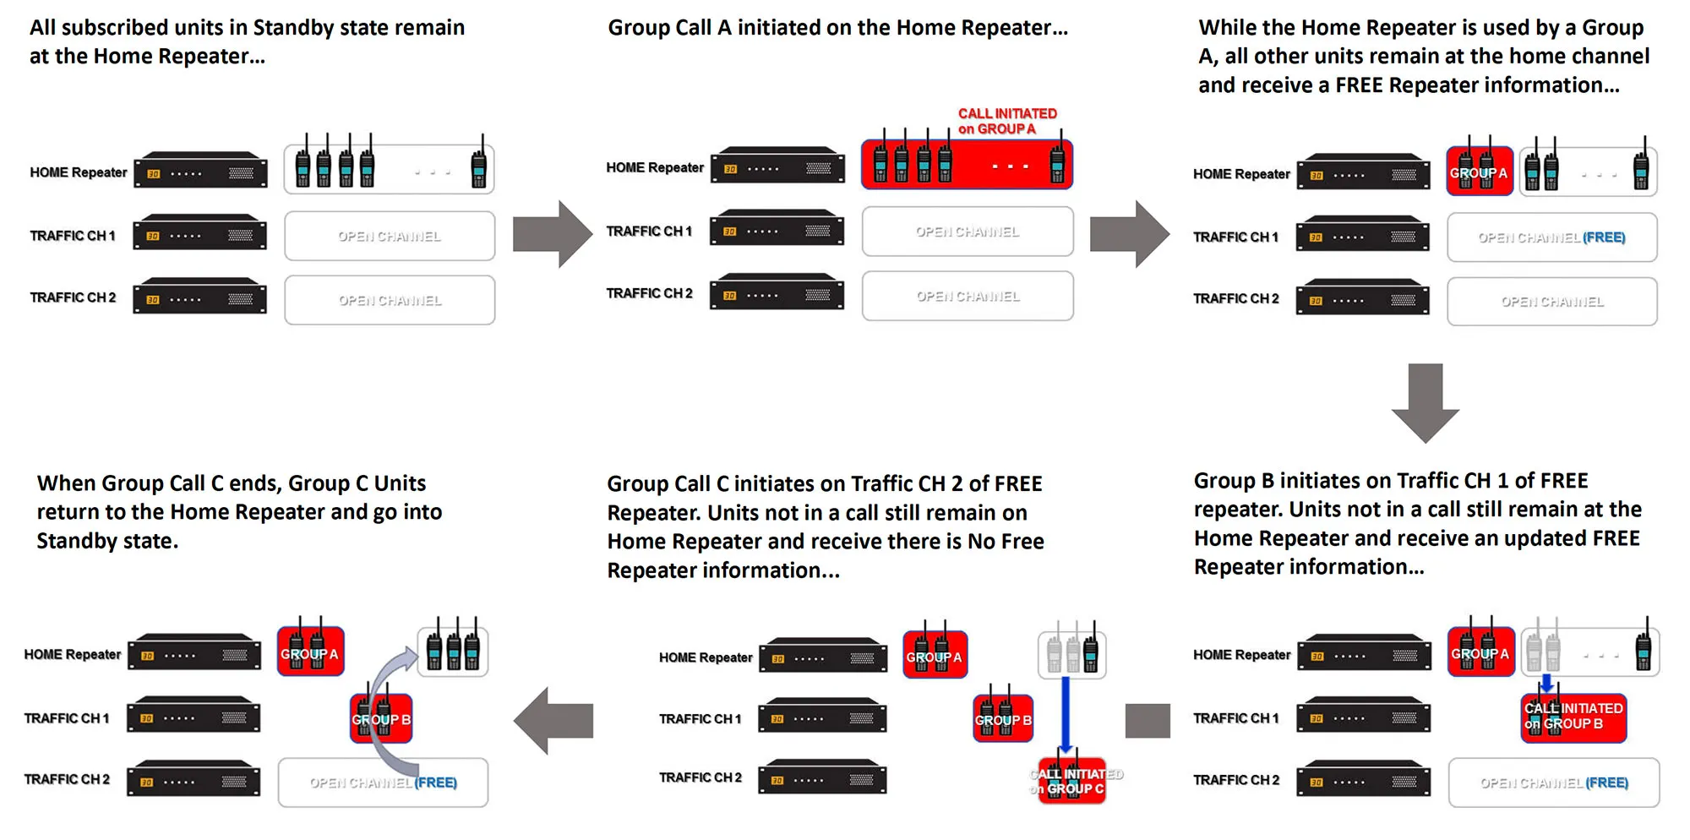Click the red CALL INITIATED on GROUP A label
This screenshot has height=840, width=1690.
[1006, 121]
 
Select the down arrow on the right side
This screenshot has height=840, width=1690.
[1426, 403]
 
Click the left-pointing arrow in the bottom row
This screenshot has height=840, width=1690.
[553, 720]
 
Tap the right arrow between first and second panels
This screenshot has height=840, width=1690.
[553, 234]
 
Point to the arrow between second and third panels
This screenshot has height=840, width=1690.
[1130, 234]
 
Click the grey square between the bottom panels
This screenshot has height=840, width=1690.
[1148, 720]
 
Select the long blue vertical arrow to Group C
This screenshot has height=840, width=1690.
[1066, 714]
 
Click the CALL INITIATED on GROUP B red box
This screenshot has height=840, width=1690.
[1573, 717]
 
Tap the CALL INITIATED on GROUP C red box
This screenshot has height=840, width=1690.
[1072, 780]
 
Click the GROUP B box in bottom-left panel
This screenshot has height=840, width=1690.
[381, 719]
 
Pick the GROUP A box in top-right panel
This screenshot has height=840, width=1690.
[1479, 172]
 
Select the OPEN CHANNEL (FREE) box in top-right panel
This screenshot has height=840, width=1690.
[1551, 237]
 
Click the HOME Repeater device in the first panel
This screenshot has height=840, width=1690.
[201, 172]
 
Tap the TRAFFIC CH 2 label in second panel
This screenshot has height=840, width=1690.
[649, 293]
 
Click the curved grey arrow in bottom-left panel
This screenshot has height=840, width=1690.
[380, 701]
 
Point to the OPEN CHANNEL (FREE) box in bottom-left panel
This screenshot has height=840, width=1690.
[383, 783]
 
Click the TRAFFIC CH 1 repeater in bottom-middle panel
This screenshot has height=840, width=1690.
[822, 717]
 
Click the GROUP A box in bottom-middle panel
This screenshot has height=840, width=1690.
[935, 656]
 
